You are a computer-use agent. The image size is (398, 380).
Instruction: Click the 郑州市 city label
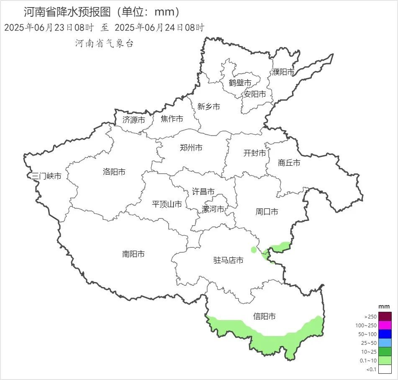point(191,148)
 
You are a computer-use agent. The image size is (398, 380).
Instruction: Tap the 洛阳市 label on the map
point(114,172)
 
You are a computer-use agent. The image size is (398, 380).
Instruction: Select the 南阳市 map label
point(134,254)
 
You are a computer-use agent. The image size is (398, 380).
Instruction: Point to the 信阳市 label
point(264,316)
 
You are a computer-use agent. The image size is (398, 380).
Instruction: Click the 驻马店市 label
point(228,260)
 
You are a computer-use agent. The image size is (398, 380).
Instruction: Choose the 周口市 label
point(267,212)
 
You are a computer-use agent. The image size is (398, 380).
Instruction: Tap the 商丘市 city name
point(289,163)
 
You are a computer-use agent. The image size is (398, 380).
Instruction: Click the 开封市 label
point(254,153)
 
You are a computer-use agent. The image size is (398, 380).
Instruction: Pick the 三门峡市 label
point(46,176)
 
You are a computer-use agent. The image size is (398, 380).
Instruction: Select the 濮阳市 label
point(283,72)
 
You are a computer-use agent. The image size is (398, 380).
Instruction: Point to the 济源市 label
point(134,120)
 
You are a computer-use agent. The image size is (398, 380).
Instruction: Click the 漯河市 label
point(213,209)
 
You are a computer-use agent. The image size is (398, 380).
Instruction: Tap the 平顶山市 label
point(167,204)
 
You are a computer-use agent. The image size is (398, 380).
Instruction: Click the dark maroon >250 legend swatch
point(385,316)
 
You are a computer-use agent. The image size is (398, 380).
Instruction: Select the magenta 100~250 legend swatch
point(385,325)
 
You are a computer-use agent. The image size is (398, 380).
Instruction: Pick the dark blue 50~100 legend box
point(385,334)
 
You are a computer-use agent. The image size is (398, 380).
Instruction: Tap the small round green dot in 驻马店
point(254,250)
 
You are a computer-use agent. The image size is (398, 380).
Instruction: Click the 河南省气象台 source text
point(104,44)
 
